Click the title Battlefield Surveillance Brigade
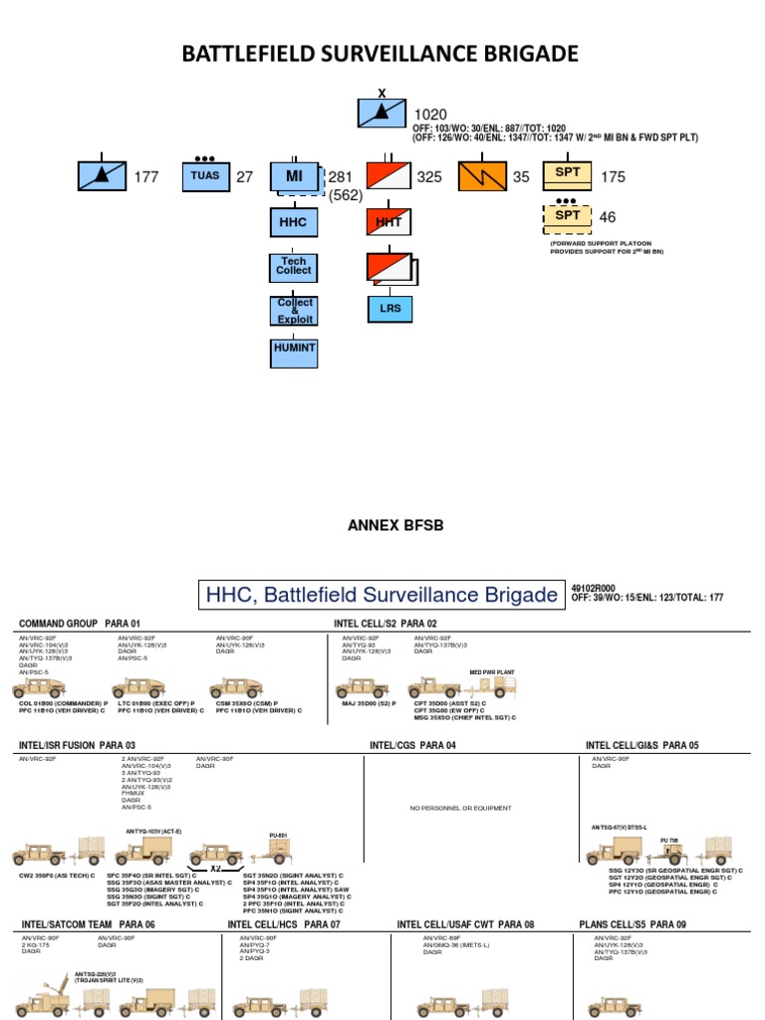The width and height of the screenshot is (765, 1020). click(380, 54)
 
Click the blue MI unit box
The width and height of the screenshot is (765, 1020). click(294, 176)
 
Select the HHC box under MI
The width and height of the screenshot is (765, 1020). click(294, 222)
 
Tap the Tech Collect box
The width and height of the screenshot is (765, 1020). click(294, 266)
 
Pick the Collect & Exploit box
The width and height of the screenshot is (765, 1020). click(294, 310)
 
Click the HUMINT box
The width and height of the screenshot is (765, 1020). click(294, 350)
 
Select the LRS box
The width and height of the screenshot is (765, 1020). click(388, 309)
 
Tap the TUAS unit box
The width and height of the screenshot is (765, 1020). click(205, 176)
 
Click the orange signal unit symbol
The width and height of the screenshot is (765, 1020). click(482, 176)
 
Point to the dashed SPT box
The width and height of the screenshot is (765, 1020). click(567, 215)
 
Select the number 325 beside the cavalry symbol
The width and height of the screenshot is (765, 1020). click(429, 177)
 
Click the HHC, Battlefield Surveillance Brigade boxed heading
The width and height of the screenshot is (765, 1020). click(382, 596)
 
